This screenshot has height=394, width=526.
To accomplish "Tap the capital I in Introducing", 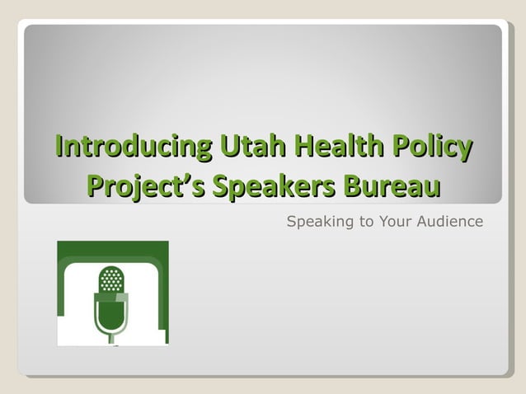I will [x=59, y=148].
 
